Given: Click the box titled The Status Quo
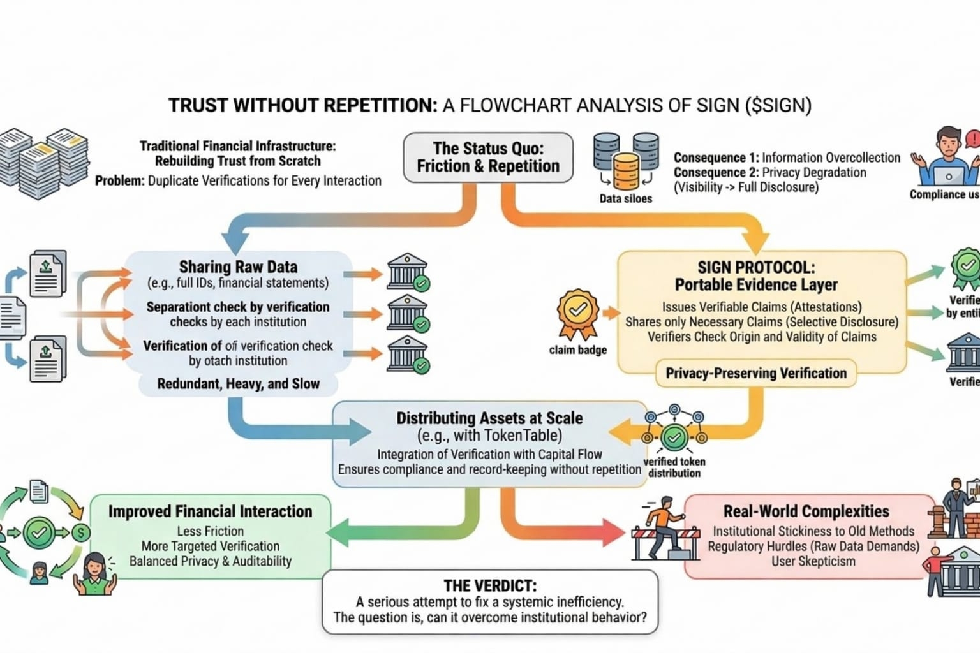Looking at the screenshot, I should [x=488, y=157].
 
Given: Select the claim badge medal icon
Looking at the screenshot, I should [x=577, y=313].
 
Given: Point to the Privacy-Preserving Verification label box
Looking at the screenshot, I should [x=756, y=373].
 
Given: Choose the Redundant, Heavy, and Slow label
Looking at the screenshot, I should [x=238, y=384].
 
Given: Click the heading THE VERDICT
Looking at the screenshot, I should [x=490, y=585].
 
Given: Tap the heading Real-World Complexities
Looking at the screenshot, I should [x=806, y=511].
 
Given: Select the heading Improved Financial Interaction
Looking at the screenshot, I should [x=210, y=511].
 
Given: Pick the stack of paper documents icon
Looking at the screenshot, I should [x=43, y=163].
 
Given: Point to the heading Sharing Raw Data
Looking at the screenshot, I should [x=238, y=267].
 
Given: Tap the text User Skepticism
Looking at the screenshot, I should [x=813, y=561].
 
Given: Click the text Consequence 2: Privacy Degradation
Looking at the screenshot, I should [x=769, y=172].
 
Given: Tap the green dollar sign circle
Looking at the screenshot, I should [x=81, y=532].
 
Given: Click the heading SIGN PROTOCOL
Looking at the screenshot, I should [x=756, y=268].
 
